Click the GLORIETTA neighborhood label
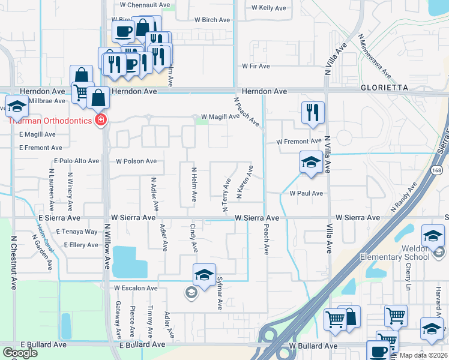point(384,87)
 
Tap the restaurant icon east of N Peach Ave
point(312,112)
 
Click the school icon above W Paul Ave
point(310,162)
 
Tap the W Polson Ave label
point(136,161)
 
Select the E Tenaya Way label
point(76,232)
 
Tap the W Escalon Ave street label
point(136,288)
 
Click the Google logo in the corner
point(20,353)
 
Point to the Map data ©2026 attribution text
point(423,355)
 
